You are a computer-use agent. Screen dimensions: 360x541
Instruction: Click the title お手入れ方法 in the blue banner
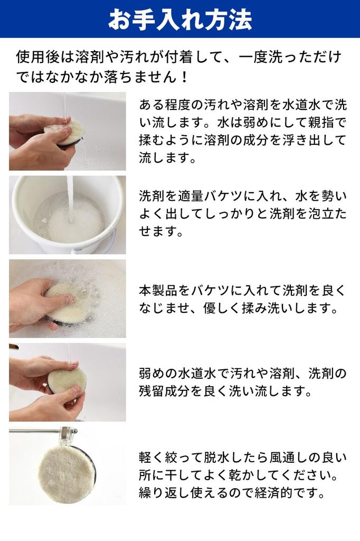(180, 20)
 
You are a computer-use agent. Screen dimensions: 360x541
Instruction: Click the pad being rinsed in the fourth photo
(66, 381)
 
